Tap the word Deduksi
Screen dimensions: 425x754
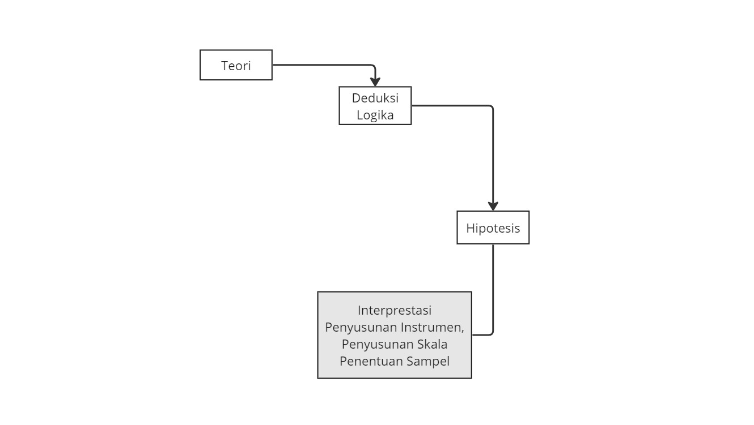tap(375, 98)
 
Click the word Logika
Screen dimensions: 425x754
tap(375, 115)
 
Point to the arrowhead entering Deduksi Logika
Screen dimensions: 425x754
tap(375, 82)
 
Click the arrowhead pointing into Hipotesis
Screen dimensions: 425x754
tap(493, 206)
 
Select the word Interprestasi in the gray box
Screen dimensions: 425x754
tap(394, 310)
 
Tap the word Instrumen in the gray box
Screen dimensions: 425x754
tap(433, 327)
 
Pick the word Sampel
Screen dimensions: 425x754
tap(428, 361)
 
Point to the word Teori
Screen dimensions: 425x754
tap(236, 66)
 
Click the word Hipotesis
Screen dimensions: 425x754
tap(493, 228)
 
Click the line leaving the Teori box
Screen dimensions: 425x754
tap(323, 65)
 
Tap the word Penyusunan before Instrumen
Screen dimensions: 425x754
tap(361, 327)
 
